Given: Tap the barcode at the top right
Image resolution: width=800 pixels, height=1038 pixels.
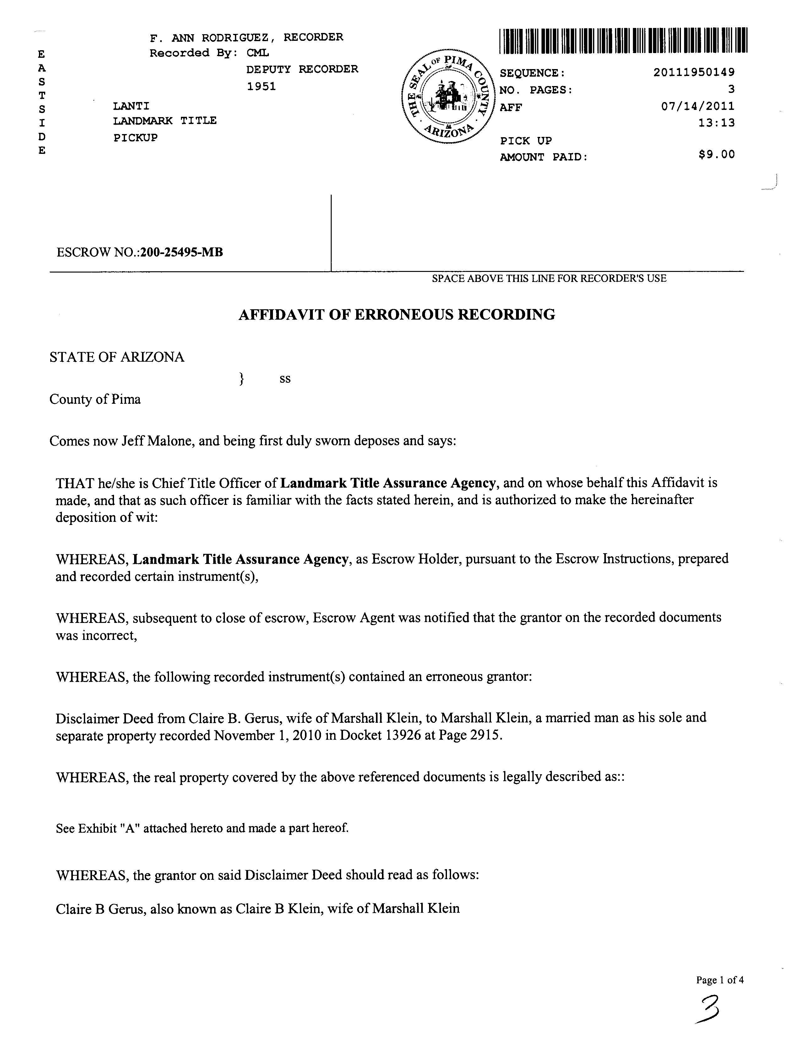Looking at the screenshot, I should click(x=623, y=41).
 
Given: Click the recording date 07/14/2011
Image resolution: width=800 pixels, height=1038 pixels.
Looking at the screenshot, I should click(x=697, y=106).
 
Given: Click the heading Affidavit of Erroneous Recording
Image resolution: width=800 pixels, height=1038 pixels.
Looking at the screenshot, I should click(x=396, y=315).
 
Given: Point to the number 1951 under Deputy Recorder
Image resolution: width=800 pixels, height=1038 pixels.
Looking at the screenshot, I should click(x=261, y=87).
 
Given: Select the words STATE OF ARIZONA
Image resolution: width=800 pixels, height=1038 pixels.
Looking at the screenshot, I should click(x=117, y=357).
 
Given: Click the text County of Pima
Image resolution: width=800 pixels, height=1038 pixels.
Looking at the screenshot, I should click(x=95, y=399).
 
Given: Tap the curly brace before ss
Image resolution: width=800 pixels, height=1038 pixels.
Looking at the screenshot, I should click(x=242, y=379).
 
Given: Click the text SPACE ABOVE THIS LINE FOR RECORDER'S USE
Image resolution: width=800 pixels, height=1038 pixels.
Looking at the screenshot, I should click(x=549, y=278).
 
